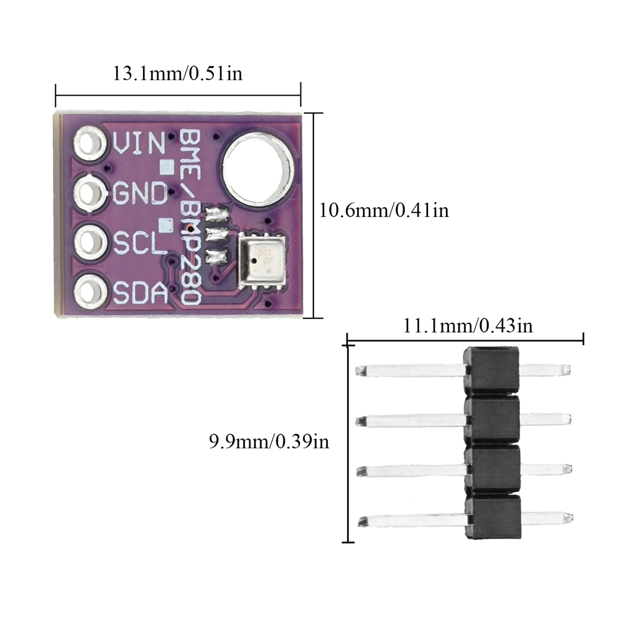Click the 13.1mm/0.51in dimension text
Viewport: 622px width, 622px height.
[x=177, y=74]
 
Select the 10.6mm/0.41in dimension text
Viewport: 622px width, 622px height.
[x=384, y=210]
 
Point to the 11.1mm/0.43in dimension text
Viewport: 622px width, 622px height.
[x=468, y=325]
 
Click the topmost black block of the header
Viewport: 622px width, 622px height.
[x=491, y=369]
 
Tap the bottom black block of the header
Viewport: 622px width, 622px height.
[x=493, y=517]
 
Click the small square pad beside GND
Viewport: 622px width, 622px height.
[x=166, y=223]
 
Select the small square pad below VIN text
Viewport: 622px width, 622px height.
[x=166, y=166]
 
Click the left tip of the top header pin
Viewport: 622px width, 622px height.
[x=359, y=371]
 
